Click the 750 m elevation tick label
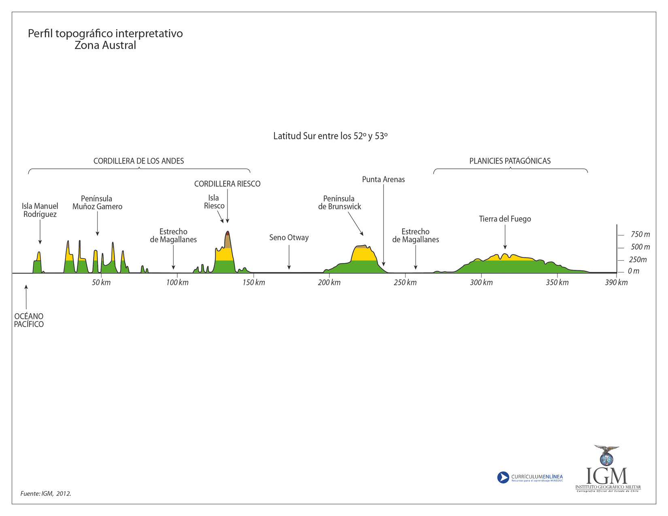[640, 235]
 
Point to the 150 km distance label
[254, 282]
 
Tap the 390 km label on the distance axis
[616, 282]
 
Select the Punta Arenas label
[383, 179]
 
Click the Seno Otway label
[289, 238]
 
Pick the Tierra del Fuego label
[505, 219]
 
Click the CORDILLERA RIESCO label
[227, 184]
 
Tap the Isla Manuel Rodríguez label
[40, 210]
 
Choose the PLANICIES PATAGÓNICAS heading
[510, 161]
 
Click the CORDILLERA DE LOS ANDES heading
[138, 161]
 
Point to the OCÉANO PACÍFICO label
[29, 320]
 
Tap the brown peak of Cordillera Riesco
[228, 240]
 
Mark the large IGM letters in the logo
[606, 476]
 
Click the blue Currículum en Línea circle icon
[503, 478]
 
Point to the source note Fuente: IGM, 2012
[46, 494]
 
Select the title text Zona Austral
[105, 45]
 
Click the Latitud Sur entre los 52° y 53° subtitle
[330, 136]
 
